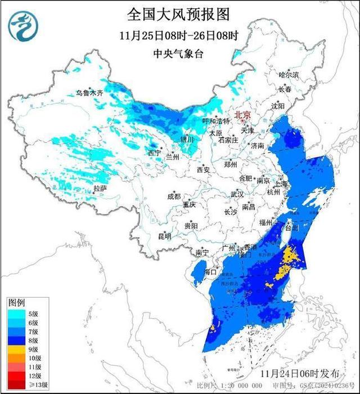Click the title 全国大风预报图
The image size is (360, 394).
click(179, 14)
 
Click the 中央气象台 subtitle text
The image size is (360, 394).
click(179, 55)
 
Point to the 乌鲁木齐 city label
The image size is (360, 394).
click(90, 92)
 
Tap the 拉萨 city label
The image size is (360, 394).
click(100, 189)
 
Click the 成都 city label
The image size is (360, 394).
click(174, 196)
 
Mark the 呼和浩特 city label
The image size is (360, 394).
click(216, 121)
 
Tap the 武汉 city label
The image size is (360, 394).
click(237, 194)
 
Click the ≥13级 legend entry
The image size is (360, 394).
click(21, 384)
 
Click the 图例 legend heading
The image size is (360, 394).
click(15, 303)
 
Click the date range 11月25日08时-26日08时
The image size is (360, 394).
click(179, 35)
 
